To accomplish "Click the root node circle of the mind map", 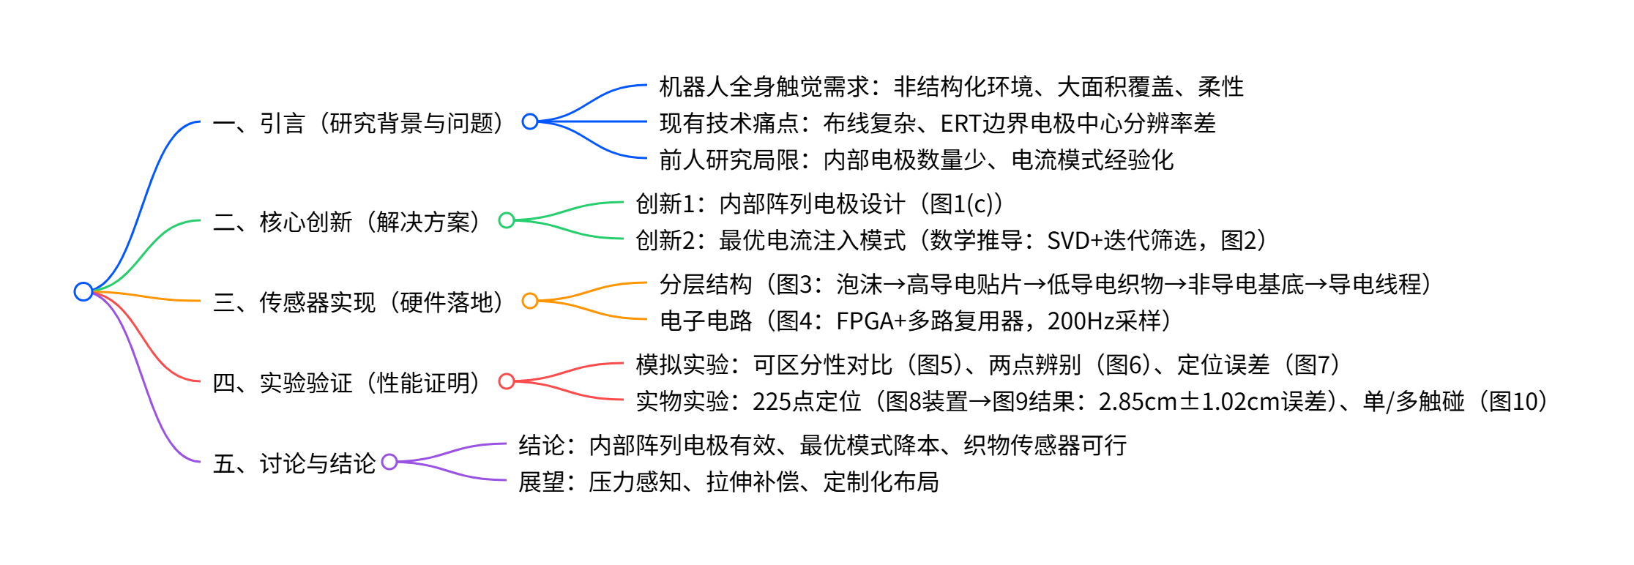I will pyautogui.click(x=83, y=291).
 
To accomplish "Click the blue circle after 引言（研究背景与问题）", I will pyautogui.click(x=530, y=121).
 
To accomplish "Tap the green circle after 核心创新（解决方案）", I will pyautogui.click(x=507, y=220).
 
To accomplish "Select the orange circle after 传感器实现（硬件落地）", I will pyautogui.click(x=530, y=301).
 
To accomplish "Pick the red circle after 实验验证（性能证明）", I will pyautogui.click(x=507, y=381).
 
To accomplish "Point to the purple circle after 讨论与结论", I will pyautogui.click(x=389, y=462).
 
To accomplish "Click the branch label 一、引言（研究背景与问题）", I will pyautogui.click(x=359, y=123).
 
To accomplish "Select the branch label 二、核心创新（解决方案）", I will pyautogui.click(x=348, y=222).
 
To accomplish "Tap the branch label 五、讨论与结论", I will pyautogui.click(x=294, y=463).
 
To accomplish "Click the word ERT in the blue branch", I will pyautogui.click(x=960, y=124).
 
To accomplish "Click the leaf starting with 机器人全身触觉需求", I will pyautogui.click(x=951, y=87).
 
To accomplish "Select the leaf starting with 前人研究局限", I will pyautogui.click(x=916, y=160).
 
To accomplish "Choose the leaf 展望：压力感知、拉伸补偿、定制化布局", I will pyautogui.click(x=728, y=482).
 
